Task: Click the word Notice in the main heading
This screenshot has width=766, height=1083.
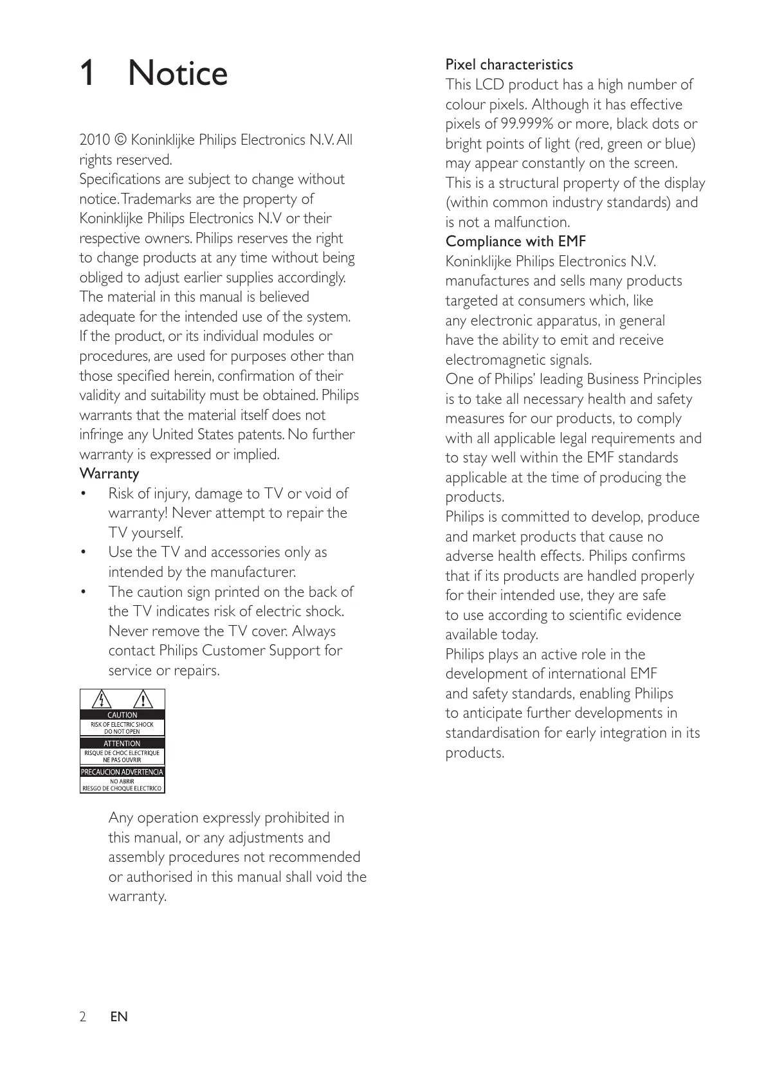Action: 178,73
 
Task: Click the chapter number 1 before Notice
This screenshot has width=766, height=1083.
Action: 87,73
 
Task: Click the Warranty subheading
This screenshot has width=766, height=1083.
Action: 109,474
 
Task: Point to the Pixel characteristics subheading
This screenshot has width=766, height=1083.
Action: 509,65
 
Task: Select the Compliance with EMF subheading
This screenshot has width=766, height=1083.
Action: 515,242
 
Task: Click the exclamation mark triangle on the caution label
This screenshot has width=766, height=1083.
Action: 143,700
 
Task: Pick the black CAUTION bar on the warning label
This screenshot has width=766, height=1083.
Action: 122,715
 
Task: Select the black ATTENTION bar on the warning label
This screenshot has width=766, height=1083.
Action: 122,743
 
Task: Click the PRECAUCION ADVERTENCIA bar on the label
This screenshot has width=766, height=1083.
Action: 122,772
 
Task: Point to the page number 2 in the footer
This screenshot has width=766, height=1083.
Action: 82,1017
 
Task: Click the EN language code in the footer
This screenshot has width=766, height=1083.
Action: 119,1017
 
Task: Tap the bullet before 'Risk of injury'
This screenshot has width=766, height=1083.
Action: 82,494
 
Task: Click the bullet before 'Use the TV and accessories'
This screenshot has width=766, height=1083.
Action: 82,552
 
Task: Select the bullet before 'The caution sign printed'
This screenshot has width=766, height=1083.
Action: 82,592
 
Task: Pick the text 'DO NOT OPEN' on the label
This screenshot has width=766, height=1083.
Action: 122,731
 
